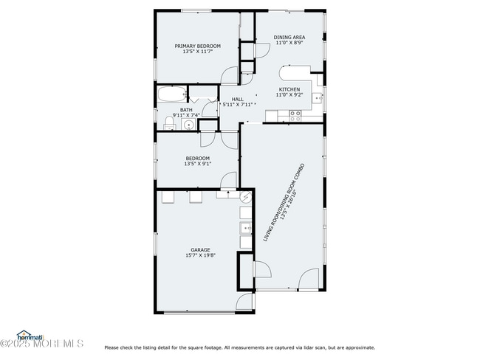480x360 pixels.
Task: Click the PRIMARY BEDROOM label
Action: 197,46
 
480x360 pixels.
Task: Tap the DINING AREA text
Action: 289,37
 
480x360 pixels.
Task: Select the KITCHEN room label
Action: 289,89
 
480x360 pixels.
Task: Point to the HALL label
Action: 237,99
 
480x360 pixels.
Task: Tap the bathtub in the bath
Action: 171,94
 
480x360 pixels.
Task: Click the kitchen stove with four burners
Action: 295,114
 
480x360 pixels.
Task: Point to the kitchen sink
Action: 318,97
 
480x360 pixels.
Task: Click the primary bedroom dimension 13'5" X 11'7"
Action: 197,52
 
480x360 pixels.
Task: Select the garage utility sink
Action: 245,227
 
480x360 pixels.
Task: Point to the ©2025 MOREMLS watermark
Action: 42,344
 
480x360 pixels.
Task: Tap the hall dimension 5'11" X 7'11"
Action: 238,105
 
